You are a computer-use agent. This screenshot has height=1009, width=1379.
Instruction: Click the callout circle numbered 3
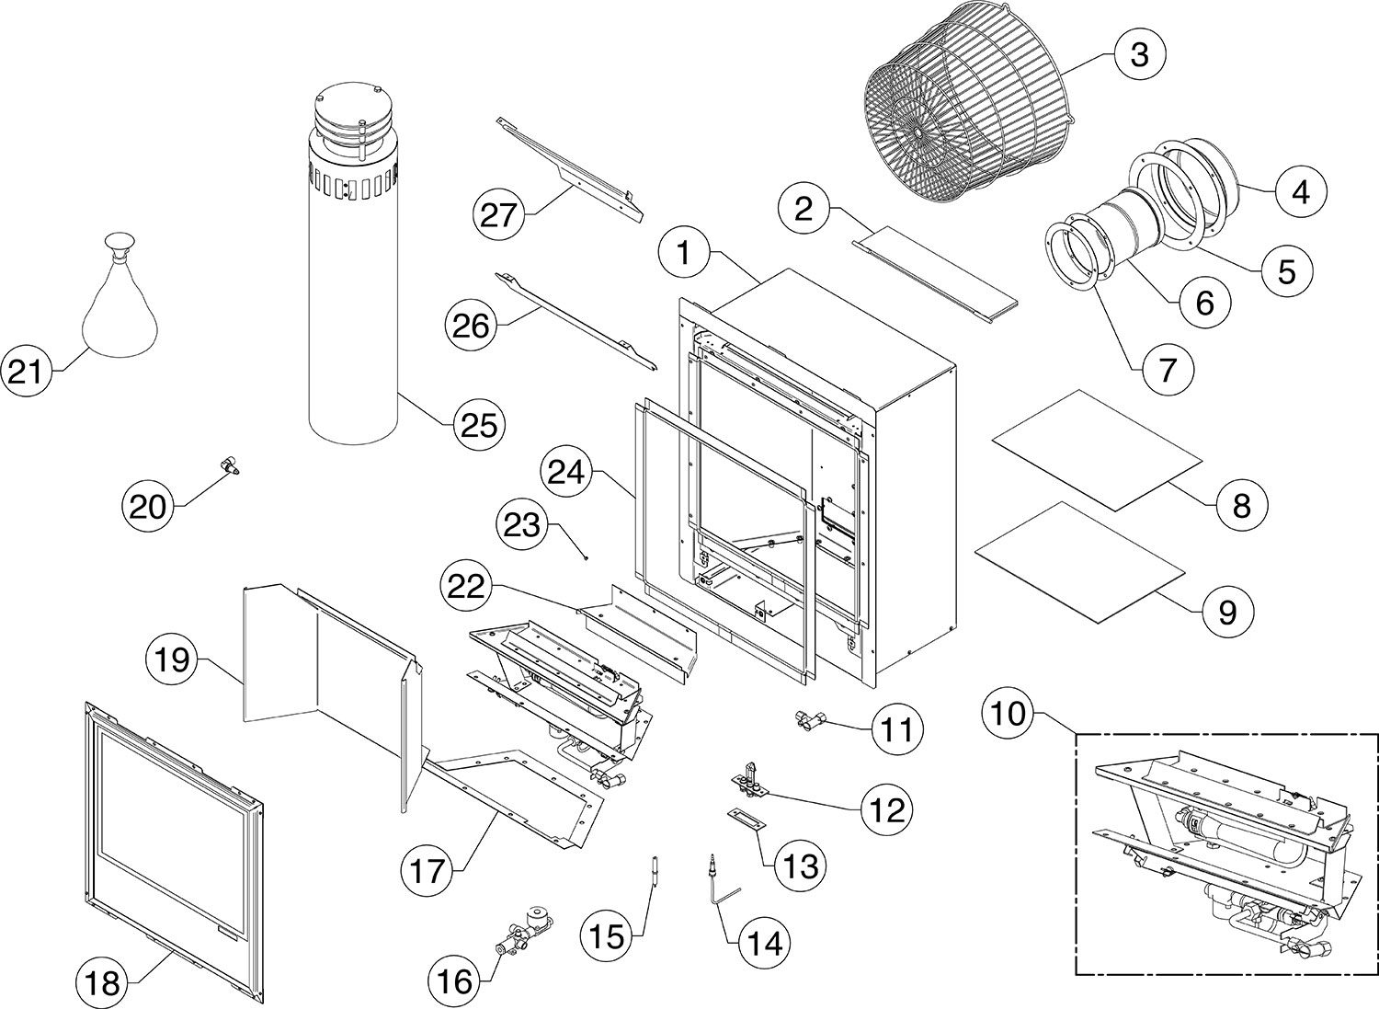[1139, 54]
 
